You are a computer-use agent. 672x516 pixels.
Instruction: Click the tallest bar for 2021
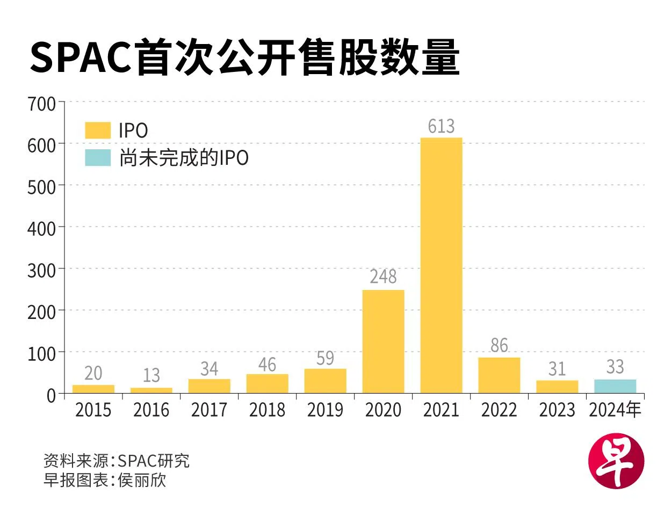(441, 265)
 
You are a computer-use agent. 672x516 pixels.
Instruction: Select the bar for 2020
(383, 341)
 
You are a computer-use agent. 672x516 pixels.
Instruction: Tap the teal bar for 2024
(615, 386)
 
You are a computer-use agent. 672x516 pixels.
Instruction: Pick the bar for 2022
(499, 375)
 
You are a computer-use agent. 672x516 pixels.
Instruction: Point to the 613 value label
(441, 126)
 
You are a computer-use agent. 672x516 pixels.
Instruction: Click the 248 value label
(383, 277)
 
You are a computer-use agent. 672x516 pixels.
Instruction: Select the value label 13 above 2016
(151, 375)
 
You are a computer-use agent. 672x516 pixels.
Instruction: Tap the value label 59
(325, 358)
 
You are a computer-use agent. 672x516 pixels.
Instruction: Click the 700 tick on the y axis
(42, 104)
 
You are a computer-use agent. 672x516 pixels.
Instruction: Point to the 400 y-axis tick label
(42, 229)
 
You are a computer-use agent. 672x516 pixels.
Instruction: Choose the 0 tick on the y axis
(51, 396)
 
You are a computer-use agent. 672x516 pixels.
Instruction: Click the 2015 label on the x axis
(93, 410)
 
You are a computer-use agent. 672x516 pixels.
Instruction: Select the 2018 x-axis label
(267, 410)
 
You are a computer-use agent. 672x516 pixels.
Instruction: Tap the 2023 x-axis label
(557, 410)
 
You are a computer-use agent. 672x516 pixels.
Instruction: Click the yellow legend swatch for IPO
(98, 130)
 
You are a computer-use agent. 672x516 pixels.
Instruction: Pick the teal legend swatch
(98, 158)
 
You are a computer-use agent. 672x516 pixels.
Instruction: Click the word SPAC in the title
(81, 58)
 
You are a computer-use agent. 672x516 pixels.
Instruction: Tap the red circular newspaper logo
(616, 462)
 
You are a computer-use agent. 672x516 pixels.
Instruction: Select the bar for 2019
(325, 381)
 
